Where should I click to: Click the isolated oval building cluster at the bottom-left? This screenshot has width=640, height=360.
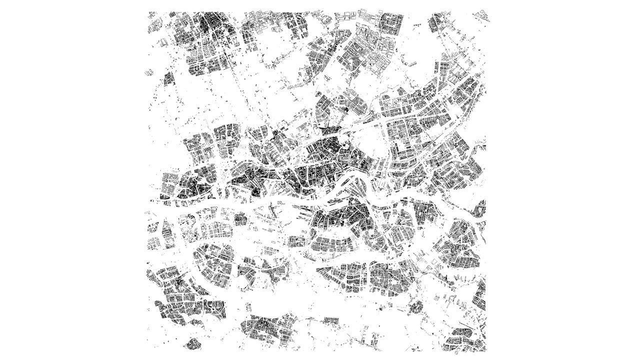192,343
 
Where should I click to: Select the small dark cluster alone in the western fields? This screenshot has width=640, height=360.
168,78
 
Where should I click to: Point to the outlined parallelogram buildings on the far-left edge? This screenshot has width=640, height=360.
148,72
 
